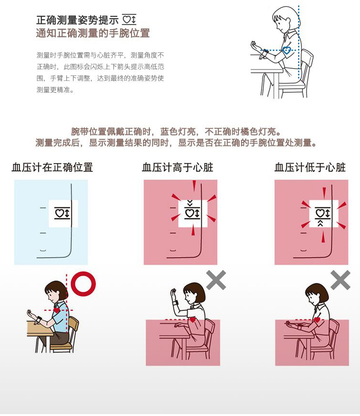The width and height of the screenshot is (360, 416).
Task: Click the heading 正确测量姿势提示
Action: pos(77,20)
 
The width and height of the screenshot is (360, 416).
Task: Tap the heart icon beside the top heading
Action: pos(129,20)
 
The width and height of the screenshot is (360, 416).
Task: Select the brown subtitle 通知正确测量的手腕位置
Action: pos(93,33)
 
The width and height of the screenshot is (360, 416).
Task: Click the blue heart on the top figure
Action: pos(286,50)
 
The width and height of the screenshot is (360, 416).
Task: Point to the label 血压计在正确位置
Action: pos(52,167)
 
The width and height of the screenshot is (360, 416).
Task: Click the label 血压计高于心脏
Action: pos(177,167)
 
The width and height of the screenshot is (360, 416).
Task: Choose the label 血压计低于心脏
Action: pos(310,167)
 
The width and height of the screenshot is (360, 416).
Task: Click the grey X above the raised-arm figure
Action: pos(216,280)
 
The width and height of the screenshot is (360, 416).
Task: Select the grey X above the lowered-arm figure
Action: pos(340,280)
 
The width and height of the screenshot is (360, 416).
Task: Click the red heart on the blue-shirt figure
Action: pos(57,310)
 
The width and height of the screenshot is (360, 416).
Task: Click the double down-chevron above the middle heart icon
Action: pos(190,204)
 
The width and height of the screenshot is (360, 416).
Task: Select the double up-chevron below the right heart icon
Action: pos(320,223)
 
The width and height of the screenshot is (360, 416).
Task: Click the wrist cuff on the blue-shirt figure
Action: pos(39,319)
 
